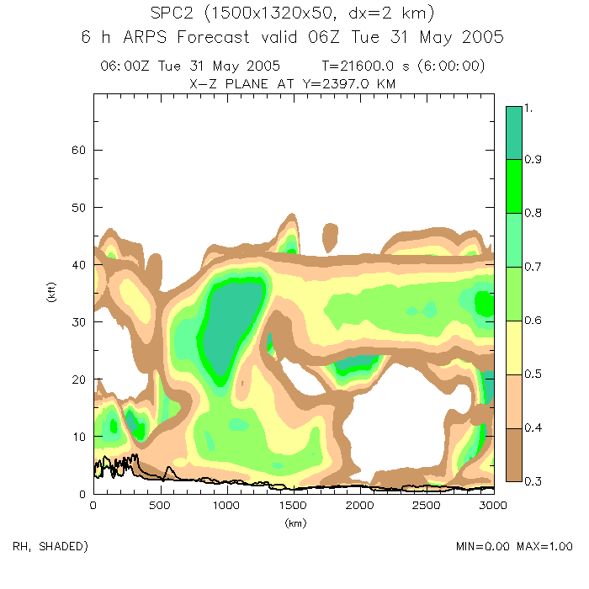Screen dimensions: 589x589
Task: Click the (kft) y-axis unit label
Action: click(51, 294)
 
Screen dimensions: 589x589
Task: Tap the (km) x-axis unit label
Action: click(294, 523)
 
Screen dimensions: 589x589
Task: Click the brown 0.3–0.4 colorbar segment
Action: click(514, 454)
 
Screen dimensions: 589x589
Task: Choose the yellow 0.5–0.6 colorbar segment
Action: click(514, 348)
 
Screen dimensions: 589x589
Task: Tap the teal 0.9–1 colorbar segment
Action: click(514, 132)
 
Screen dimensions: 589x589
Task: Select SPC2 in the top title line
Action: click(172, 15)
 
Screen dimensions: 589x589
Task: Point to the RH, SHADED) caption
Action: click(50, 546)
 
